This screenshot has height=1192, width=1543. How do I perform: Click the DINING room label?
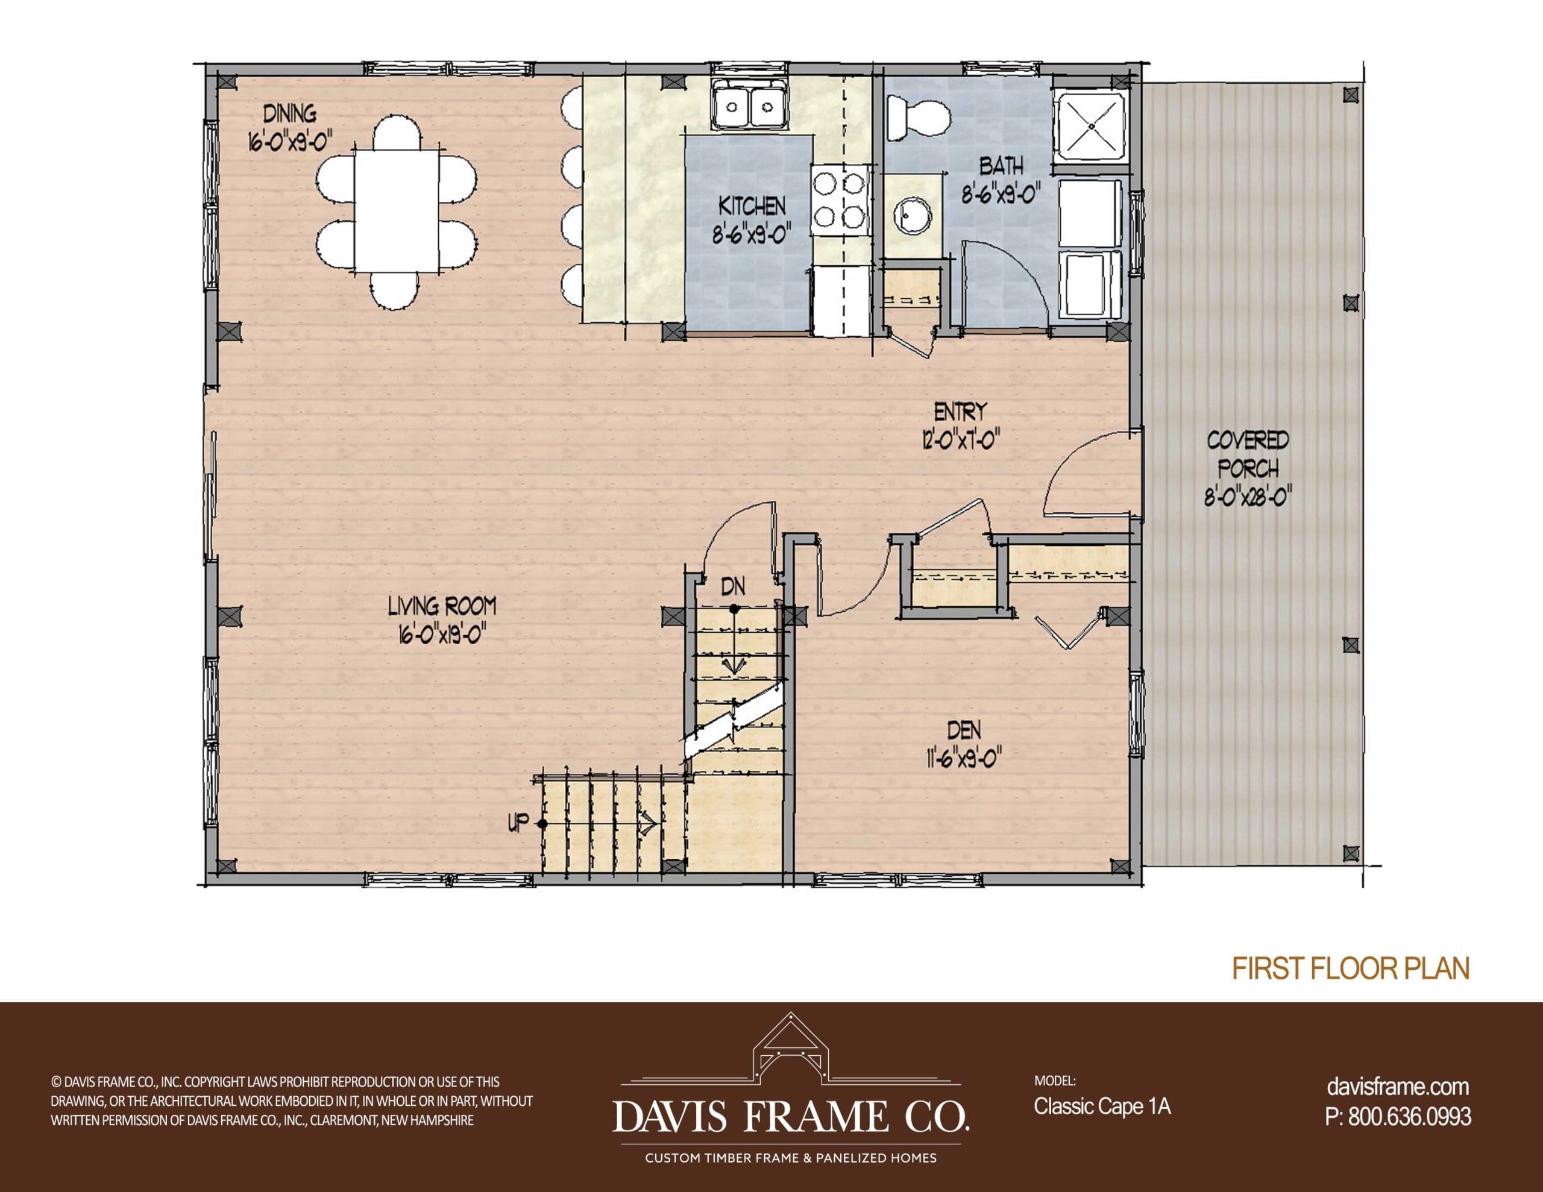[290, 113]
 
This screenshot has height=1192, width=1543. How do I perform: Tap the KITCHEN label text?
[752, 206]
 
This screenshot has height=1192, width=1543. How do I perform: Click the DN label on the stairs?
[734, 586]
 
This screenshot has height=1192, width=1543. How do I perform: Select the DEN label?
[964, 730]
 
